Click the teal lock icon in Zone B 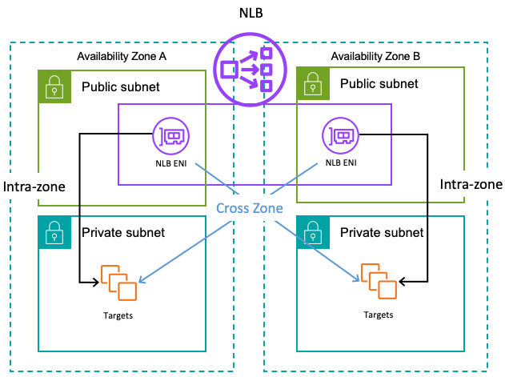[311, 231]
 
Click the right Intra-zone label [471, 185]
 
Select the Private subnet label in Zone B [382, 232]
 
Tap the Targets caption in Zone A [118, 315]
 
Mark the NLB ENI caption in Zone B [339, 162]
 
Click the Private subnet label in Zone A [123, 232]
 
